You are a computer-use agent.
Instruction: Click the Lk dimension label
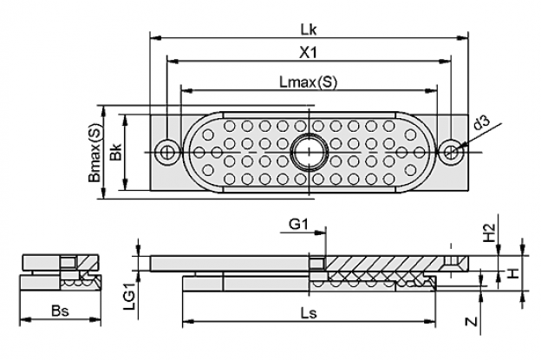(309, 30)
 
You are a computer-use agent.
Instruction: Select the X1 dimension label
(308, 53)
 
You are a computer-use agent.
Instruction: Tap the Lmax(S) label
(308, 82)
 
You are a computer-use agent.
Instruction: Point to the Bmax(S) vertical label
(95, 153)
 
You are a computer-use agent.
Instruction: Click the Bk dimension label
(116, 152)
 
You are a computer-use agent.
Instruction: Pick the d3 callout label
(481, 123)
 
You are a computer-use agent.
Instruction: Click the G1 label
(298, 225)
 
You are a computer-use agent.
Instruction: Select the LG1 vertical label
(130, 296)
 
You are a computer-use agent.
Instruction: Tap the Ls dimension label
(309, 313)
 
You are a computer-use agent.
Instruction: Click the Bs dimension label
(60, 311)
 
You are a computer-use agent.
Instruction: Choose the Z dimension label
(472, 322)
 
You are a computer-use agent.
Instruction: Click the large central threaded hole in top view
(309, 152)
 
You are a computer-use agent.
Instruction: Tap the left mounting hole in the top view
(168, 152)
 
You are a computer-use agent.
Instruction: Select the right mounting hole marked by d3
(452, 152)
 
